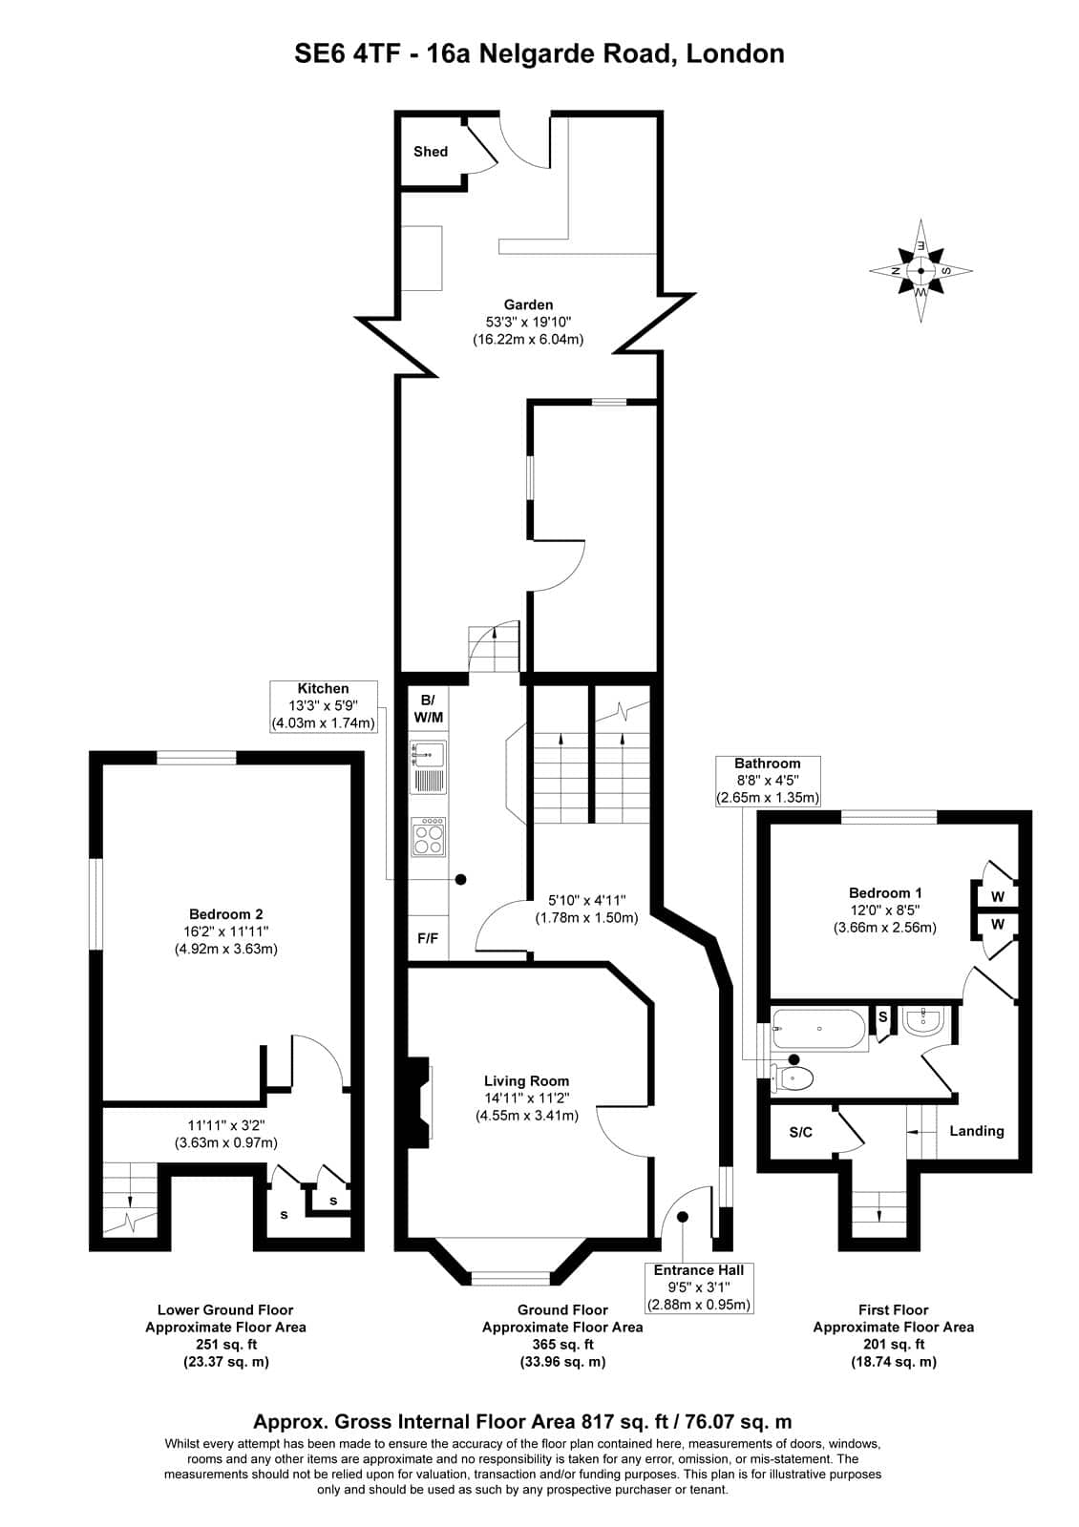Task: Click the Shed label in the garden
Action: point(430,152)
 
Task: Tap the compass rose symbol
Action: point(920,271)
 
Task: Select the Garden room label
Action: point(528,304)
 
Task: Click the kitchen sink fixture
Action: point(428,767)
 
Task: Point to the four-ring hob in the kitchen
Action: point(428,836)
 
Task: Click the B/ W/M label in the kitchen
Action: point(427,708)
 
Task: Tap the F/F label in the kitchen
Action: point(428,938)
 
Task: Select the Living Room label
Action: point(526,1080)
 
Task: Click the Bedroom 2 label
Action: point(225,914)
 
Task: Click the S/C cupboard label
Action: point(800,1132)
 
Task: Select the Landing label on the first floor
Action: point(976,1131)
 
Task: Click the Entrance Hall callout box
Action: point(698,1287)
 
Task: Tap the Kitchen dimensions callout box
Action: point(324,706)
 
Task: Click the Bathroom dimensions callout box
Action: point(768,781)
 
